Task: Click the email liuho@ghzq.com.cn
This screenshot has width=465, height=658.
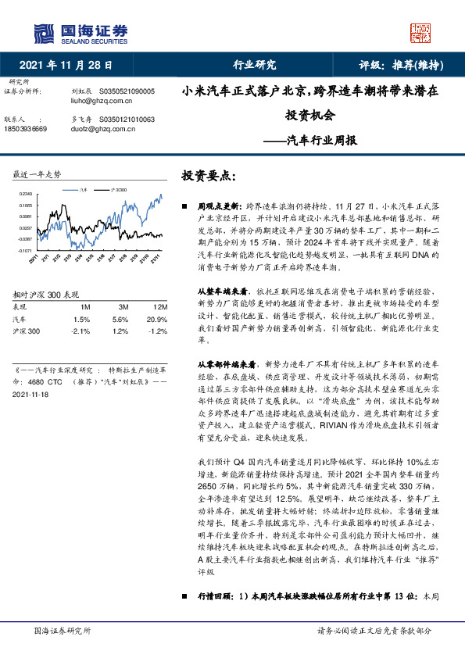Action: [94, 100]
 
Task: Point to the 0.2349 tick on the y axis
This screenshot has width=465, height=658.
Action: [25, 194]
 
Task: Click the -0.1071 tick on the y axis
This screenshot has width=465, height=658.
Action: [24, 251]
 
